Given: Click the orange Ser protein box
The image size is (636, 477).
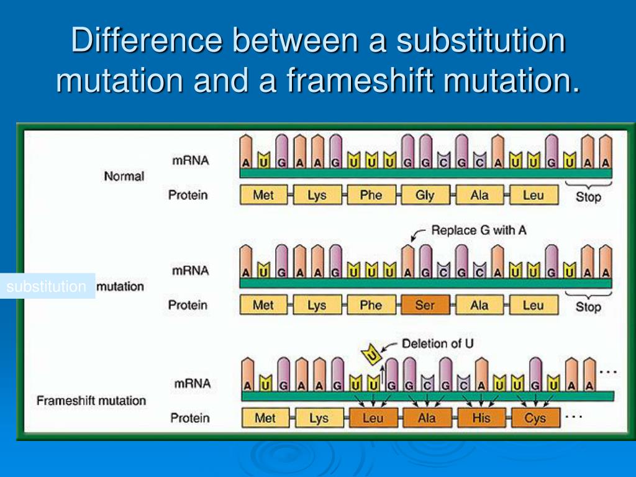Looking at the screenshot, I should [425, 305].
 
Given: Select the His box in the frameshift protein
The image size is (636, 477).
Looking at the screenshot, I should [481, 418].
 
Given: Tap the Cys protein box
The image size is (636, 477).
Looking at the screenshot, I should [535, 418].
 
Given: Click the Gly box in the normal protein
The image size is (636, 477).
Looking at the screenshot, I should [425, 195].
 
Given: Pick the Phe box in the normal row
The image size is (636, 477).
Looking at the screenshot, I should [371, 195].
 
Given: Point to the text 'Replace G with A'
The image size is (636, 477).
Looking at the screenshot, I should [479, 230].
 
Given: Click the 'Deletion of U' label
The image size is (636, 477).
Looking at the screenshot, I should [438, 343].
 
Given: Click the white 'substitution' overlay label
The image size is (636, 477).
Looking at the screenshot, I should [47, 286].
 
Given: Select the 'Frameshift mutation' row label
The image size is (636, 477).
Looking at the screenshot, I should [91, 401].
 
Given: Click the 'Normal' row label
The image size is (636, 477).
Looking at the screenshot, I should [124, 176].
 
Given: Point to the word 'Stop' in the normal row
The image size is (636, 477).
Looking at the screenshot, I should [588, 198].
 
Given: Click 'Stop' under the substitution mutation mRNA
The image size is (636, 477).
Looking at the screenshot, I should [588, 307].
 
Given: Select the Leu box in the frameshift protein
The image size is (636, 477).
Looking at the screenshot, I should [373, 418].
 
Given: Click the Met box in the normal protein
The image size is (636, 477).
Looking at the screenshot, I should [263, 195].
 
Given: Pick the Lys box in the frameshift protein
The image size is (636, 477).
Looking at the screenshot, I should [319, 418].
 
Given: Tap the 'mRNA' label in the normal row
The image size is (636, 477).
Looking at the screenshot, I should [191, 160].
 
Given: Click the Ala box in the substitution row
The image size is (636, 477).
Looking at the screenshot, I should [479, 305].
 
